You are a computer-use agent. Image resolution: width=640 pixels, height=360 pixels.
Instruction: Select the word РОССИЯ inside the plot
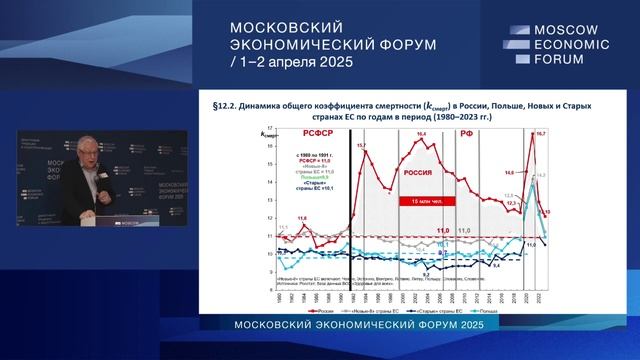pos(419,170)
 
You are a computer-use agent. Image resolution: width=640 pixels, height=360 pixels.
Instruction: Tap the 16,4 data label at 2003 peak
pos(421,133)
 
